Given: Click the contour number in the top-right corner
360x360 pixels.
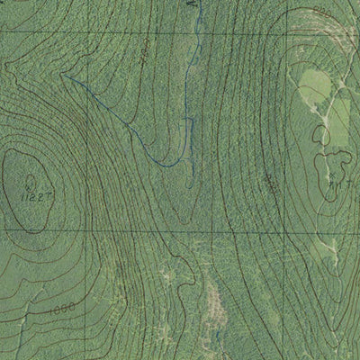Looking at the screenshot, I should [x=323, y=10].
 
